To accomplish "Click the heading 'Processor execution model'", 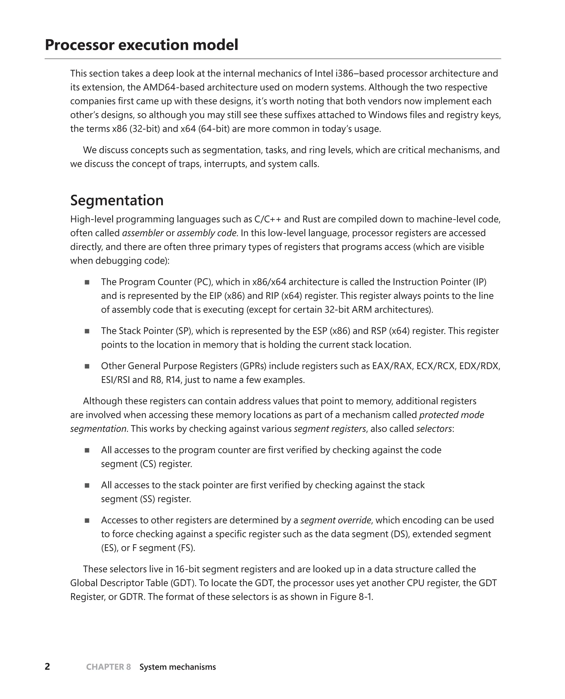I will coord(141,45).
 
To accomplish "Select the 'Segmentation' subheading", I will coord(117,200).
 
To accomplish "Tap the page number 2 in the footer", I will coord(47,666).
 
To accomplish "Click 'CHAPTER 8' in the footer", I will coord(108,667).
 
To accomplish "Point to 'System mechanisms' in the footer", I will coord(177,667).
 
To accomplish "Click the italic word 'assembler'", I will coord(143,233).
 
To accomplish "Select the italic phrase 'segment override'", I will coord(335,520).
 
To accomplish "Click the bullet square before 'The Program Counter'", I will coord(87,282).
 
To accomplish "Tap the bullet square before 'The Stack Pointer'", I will coord(87,331).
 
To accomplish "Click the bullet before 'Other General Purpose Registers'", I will coord(87,366).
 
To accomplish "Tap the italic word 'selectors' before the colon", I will coord(434,429).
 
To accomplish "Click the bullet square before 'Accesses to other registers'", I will coord(87,520).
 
